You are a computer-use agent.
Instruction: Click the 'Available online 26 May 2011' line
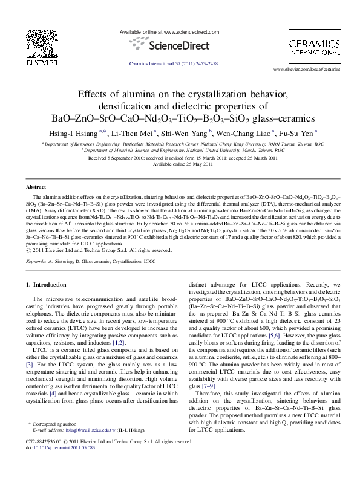point(180,164)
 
